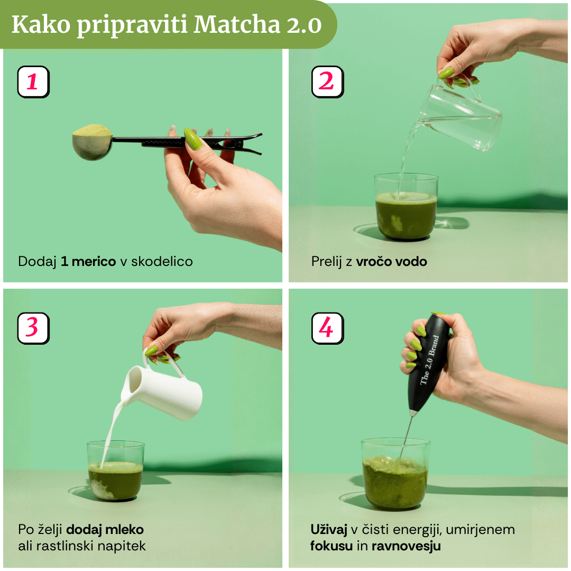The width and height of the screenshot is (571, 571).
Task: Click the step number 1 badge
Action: [33, 82]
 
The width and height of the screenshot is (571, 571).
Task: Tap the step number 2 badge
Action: [327, 82]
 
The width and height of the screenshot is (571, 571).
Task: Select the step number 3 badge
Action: [33, 328]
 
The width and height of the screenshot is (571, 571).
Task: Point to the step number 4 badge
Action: [327, 328]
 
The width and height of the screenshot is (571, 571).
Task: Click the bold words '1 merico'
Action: [88, 261]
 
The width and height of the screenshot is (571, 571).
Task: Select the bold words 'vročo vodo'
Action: [391, 261]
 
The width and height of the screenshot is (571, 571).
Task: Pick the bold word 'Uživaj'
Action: [328, 529]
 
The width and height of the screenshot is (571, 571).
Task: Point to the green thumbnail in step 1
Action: [193, 140]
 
